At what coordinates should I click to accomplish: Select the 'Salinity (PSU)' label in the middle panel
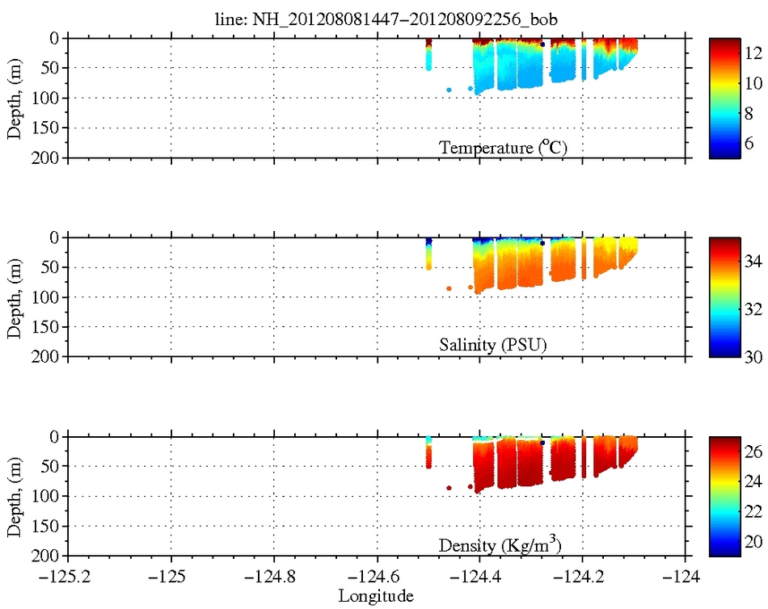[493, 345]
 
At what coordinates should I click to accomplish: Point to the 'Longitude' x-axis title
[376, 597]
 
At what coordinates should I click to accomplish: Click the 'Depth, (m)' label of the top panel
[15, 98]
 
